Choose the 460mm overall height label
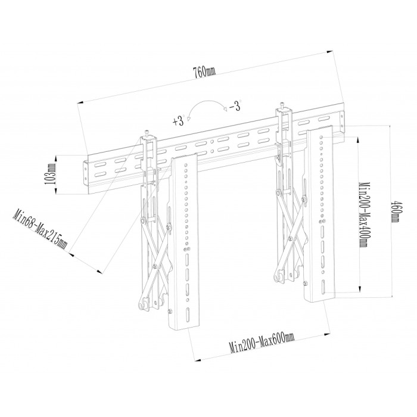point(395,210)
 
